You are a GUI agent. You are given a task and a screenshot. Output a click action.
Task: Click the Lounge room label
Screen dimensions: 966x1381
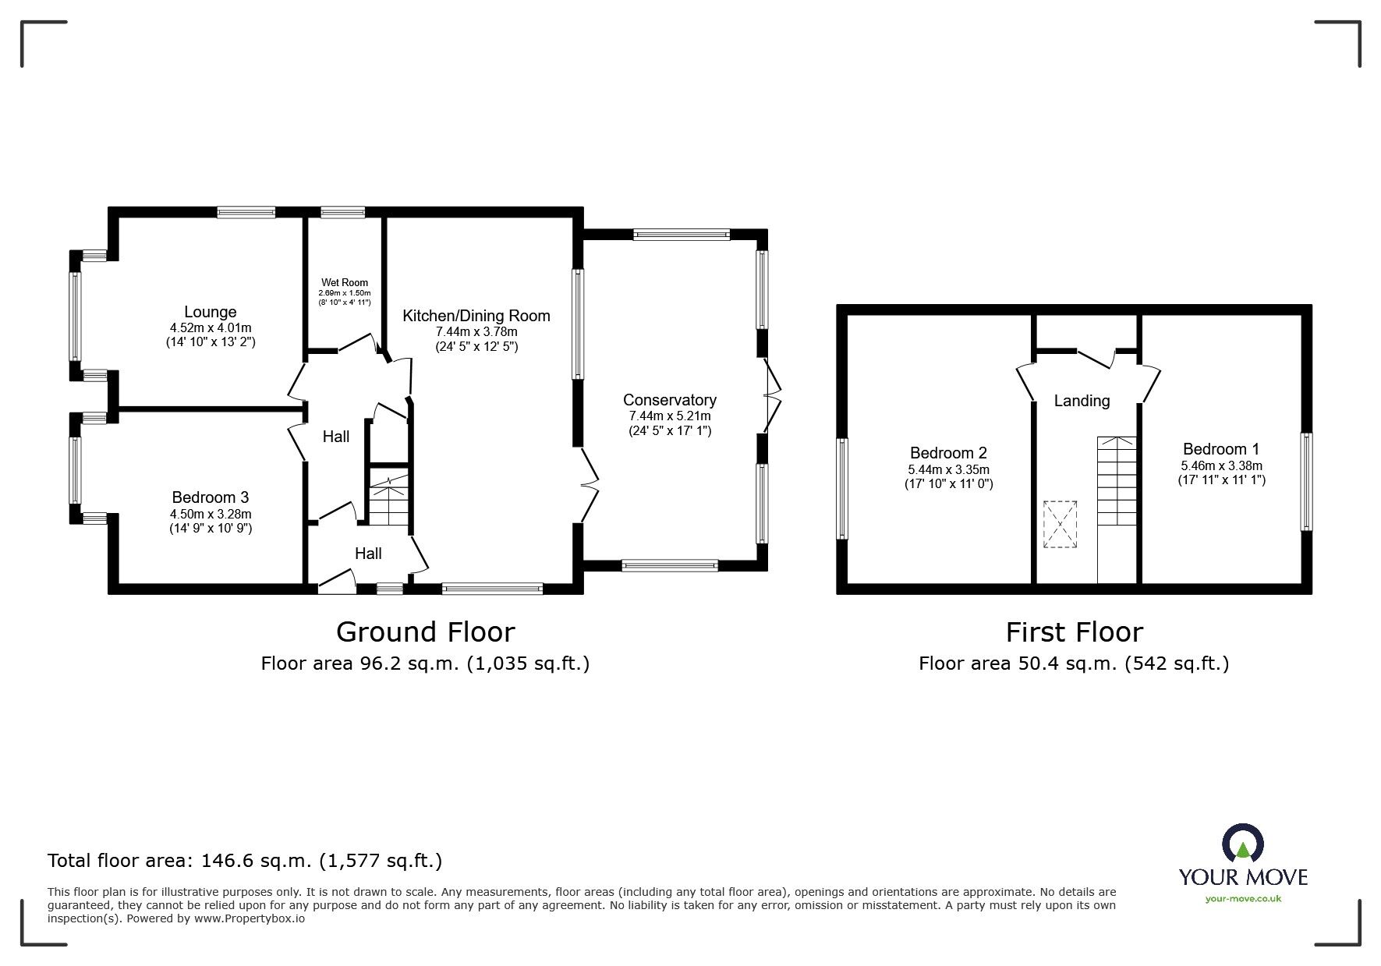pos(210,312)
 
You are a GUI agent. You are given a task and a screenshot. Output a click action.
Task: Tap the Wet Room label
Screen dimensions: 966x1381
pos(344,283)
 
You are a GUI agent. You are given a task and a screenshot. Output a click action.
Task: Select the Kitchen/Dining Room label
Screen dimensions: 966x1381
pos(476,316)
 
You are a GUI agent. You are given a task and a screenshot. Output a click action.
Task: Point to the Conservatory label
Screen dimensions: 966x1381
pos(669,400)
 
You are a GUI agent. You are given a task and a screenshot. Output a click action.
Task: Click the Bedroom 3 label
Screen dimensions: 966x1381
pos(210,497)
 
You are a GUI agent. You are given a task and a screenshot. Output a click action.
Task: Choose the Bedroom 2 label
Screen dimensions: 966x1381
pos(948,453)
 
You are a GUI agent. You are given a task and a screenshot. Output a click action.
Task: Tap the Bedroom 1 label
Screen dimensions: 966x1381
pos(1220,449)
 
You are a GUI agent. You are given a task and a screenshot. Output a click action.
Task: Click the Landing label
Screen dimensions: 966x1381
pos(1082,401)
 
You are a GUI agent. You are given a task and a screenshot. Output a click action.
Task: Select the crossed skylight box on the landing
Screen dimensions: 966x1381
pos(1060,525)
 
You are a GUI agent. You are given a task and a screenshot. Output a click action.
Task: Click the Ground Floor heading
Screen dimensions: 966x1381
pos(425,632)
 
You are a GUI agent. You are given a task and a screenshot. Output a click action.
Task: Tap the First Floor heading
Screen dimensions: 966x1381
pos(1074,632)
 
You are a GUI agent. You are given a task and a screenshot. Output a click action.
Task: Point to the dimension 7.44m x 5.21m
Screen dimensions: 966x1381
pos(669,416)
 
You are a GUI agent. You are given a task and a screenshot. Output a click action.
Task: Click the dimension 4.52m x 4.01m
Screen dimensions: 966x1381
pos(211,328)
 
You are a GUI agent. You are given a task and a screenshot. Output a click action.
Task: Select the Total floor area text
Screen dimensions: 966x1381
pos(245,861)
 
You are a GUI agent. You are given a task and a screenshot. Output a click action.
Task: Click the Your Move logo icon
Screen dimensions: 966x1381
pos(1242,846)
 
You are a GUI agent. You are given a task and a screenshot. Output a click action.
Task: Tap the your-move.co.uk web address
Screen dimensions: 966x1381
pos(1243,899)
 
